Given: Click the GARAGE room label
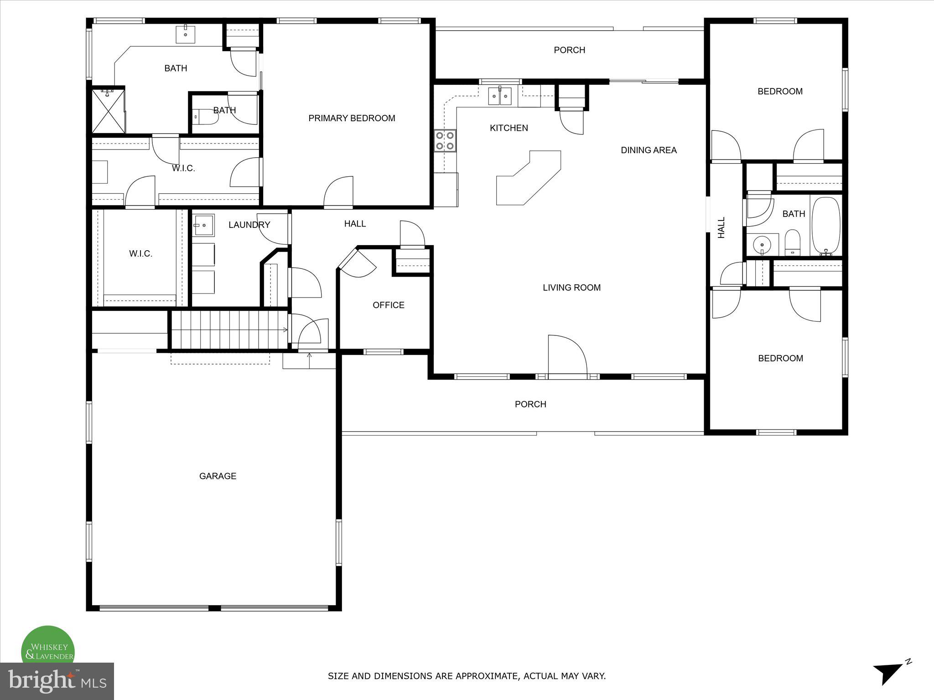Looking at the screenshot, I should [218, 476].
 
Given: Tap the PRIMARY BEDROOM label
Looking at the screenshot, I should [352, 118].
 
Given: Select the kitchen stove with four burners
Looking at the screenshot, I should [445, 140].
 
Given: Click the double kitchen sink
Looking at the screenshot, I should [500, 96].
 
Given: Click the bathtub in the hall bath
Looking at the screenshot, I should [826, 226].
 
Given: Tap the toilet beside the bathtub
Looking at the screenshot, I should [793, 242].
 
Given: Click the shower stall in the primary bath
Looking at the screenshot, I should [108, 110].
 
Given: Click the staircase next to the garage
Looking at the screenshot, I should [230, 329].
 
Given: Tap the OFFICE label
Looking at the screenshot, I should [388, 305].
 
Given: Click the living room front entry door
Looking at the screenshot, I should [567, 355].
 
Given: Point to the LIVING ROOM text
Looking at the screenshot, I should [571, 288].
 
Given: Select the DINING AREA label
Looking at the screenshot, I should [649, 150].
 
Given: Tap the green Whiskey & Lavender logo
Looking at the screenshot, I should [48, 648].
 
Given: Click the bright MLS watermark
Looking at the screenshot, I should [57, 681].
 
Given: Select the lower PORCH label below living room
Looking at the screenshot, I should [530, 404].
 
